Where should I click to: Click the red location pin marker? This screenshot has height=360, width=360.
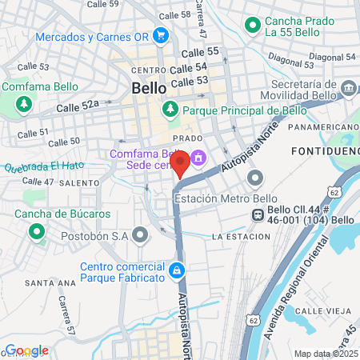[180, 163]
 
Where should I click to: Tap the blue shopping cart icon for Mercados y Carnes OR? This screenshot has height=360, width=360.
[161, 35]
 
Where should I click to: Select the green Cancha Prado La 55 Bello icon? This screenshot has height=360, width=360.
[254, 25]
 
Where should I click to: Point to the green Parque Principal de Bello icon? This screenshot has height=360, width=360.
[170, 110]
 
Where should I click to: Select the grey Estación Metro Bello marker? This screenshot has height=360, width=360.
[255, 178]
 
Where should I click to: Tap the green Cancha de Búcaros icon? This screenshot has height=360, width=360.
[36, 232]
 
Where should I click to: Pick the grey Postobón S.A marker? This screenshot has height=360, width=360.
[141, 235]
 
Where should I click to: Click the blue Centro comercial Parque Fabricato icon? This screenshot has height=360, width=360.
[177, 271]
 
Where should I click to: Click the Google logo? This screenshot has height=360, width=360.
[26, 350]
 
